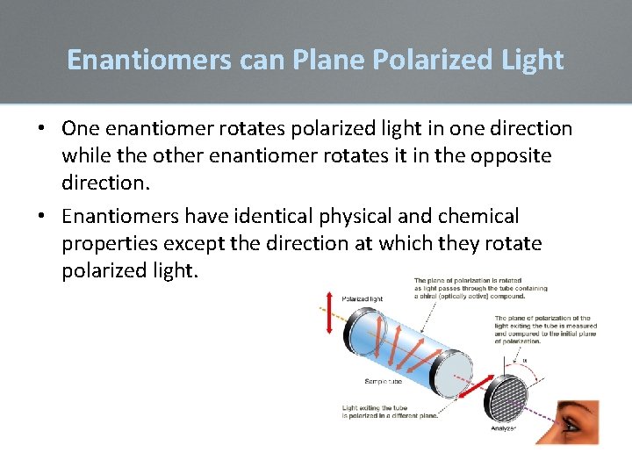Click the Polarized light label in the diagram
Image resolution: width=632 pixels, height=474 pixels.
362,299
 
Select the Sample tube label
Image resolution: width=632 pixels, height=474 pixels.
384,381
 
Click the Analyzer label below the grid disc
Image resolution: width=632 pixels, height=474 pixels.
504,428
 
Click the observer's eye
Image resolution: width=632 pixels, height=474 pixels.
572,425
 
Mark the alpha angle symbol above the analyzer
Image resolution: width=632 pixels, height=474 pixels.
524,359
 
